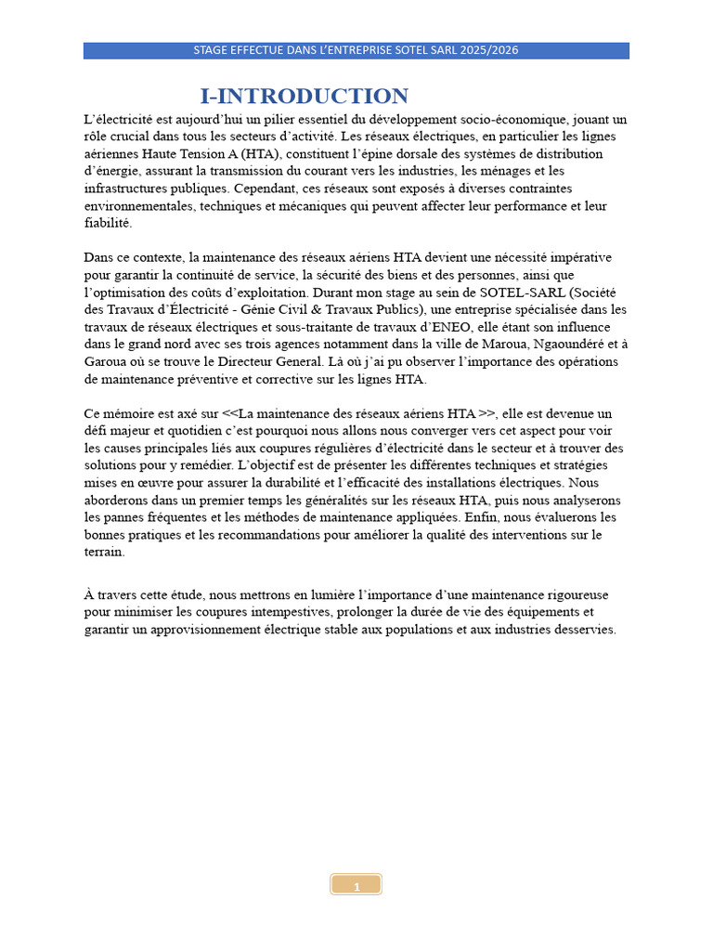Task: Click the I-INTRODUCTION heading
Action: [x=305, y=97]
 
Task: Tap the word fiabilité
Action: [x=108, y=223]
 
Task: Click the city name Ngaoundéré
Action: [x=543, y=344]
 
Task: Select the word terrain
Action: [x=103, y=552]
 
